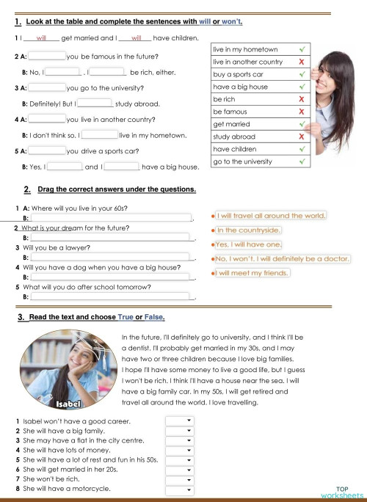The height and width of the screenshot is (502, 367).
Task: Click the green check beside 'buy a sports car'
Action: point(302,73)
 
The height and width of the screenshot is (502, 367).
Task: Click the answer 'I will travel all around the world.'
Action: point(269,216)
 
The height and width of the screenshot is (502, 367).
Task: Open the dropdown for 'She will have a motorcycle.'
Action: point(178,488)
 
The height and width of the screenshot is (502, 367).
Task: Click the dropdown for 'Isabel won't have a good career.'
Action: point(178,421)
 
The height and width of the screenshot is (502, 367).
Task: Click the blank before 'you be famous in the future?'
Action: point(47,56)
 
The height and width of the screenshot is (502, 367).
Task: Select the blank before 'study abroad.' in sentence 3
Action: point(95,103)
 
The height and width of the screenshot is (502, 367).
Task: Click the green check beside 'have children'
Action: point(302,149)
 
